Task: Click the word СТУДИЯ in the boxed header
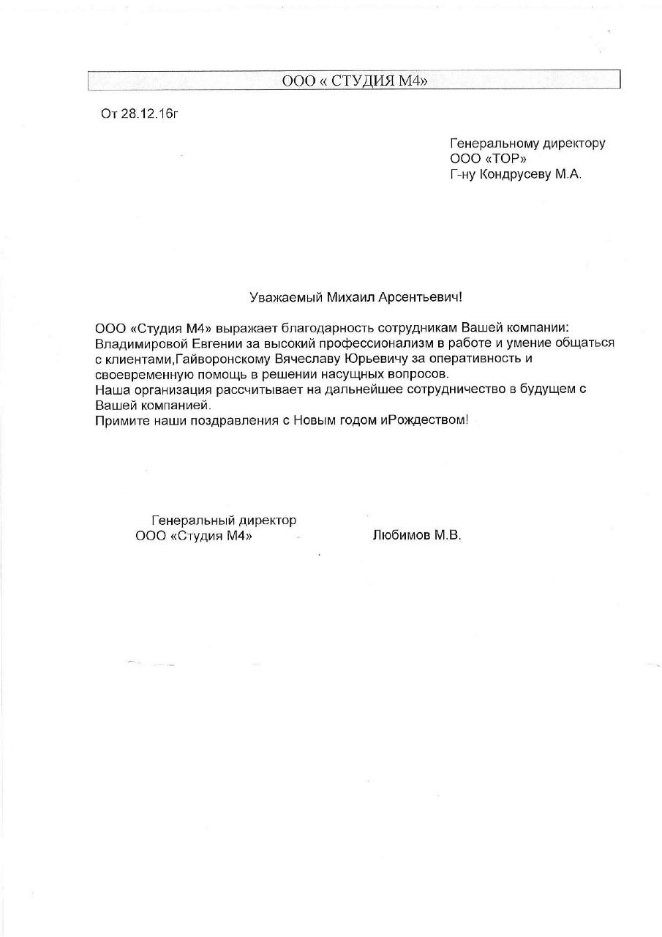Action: pyautogui.click(x=362, y=81)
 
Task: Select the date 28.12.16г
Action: pyautogui.click(x=150, y=114)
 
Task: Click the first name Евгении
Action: pyautogui.click(x=217, y=343)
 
